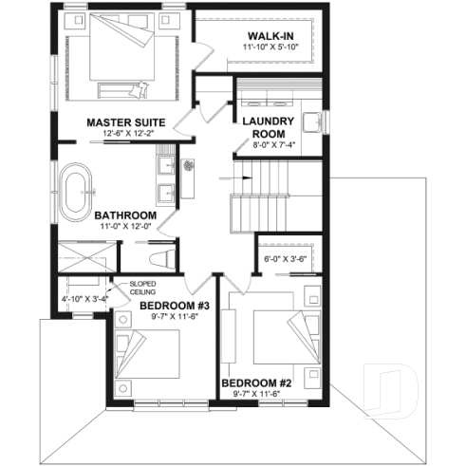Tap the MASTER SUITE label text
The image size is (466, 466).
[126, 123]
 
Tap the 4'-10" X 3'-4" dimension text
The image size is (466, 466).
[84, 299]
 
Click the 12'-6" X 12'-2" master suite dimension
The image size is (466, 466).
[126, 134]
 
